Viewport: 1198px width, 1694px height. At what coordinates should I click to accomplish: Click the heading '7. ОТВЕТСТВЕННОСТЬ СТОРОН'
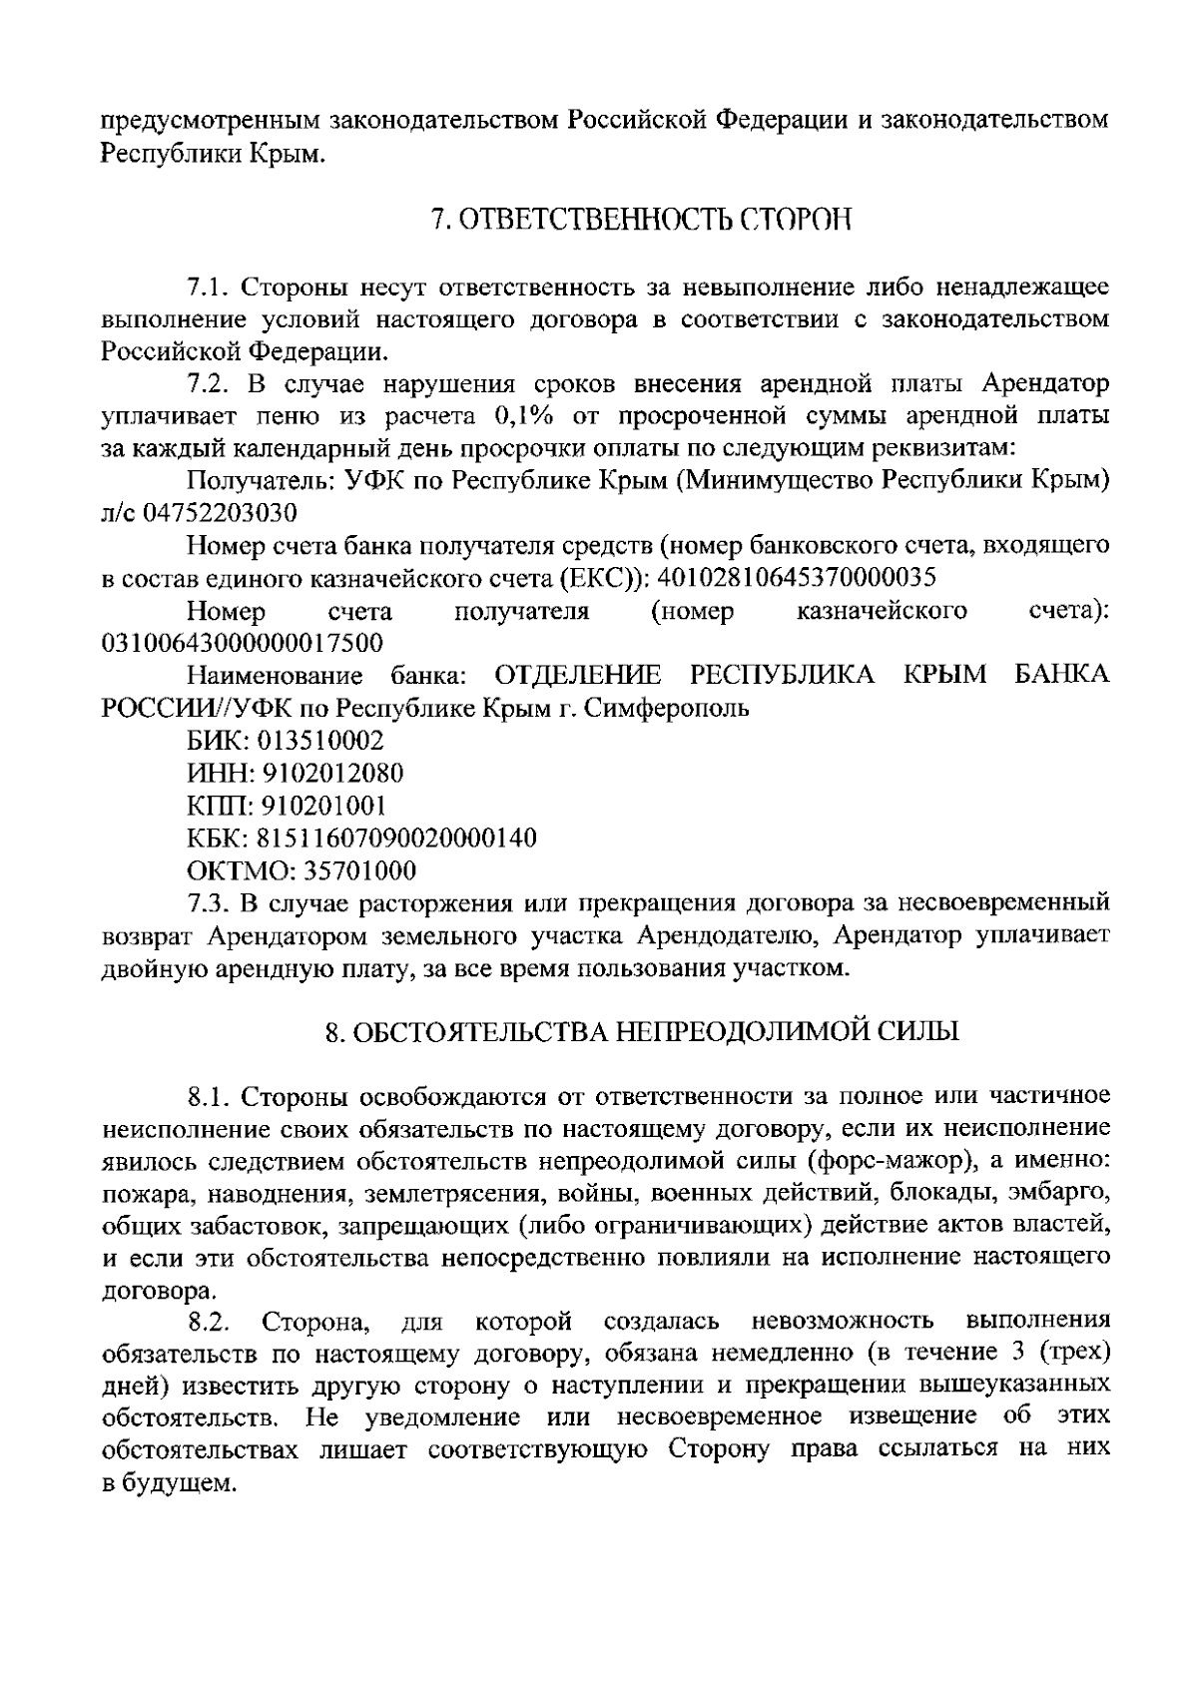[639, 219]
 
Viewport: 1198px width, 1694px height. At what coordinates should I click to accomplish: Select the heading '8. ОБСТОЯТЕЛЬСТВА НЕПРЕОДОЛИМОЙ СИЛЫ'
[642, 1031]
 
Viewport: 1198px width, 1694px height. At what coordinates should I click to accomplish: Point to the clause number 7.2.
[210, 384]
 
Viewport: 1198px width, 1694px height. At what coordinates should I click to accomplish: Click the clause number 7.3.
[210, 903]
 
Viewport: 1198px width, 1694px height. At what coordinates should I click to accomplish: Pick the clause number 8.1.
[210, 1097]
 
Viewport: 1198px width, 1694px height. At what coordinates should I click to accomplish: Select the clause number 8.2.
[210, 1323]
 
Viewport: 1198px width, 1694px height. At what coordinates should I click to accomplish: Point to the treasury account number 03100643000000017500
[243, 643]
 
